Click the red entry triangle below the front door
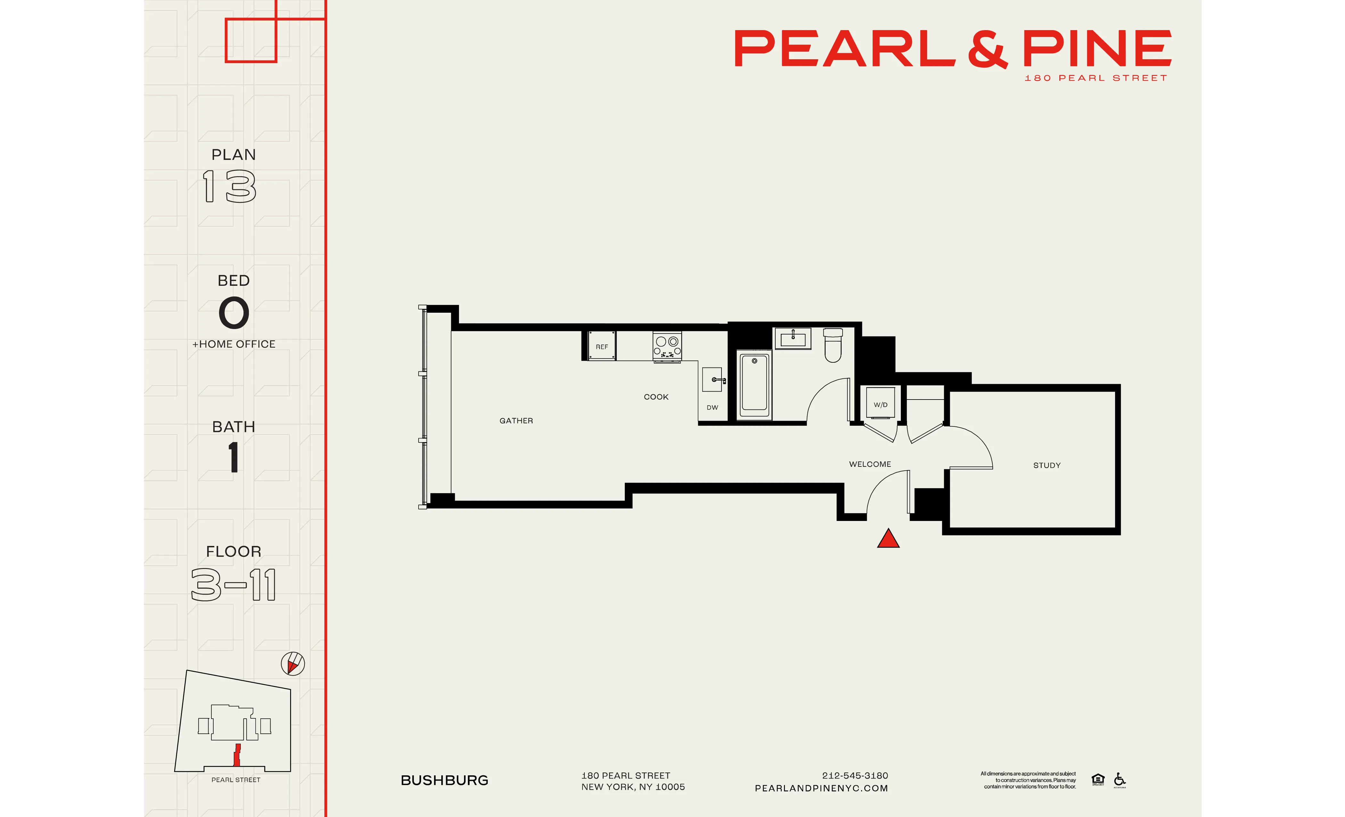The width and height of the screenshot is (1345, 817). click(x=888, y=539)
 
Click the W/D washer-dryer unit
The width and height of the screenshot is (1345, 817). click(x=880, y=404)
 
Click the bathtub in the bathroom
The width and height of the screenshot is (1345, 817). click(x=754, y=384)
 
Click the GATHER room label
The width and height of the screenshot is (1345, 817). click(x=516, y=420)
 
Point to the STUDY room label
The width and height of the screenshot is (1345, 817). click(x=1047, y=465)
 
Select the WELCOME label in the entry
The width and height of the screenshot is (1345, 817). click(x=869, y=464)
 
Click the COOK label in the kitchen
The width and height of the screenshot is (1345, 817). click(x=656, y=397)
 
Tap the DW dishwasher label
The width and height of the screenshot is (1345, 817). click(x=712, y=408)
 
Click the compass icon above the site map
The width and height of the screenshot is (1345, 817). click(x=293, y=664)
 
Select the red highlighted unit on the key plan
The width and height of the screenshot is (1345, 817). click(x=237, y=755)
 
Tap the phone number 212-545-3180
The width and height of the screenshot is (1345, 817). click(x=855, y=775)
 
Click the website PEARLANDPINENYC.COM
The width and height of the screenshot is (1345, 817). click(x=821, y=788)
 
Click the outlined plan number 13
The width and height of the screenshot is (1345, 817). click(x=229, y=186)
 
